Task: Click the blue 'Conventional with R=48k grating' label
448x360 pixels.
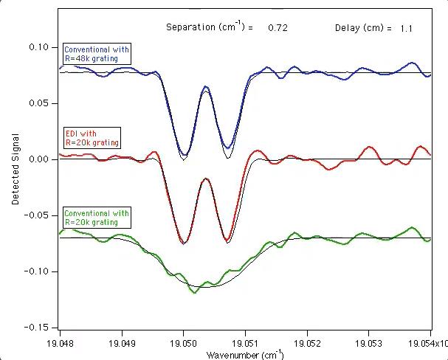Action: [x=97, y=54]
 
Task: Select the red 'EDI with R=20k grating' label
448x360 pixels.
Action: [x=91, y=137]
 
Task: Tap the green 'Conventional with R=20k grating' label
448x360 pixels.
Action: [x=97, y=218]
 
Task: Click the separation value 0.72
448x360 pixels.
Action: [x=278, y=27]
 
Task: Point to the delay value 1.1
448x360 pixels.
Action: [x=406, y=28]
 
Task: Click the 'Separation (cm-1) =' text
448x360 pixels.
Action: [x=210, y=27]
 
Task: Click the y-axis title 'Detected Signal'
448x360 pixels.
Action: [x=15, y=168]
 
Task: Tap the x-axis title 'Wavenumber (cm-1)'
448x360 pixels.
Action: [x=244, y=355]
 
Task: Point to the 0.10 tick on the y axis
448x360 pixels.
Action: [x=38, y=47]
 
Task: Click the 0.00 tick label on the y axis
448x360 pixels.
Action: [x=38, y=159]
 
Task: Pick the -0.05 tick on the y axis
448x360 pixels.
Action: [x=35, y=215]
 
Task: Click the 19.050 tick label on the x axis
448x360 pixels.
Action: [x=184, y=343]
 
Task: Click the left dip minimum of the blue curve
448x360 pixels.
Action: [x=184, y=154]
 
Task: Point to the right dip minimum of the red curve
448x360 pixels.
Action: [x=228, y=240]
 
